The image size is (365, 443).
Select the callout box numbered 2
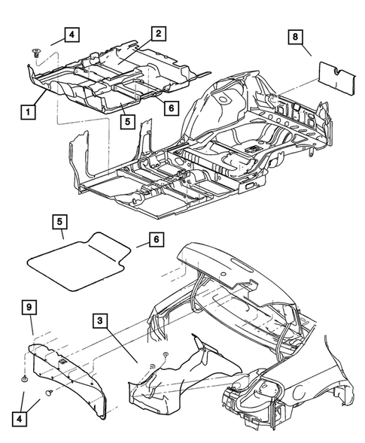click(x=158, y=33)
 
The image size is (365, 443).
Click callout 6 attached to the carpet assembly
click(x=171, y=108)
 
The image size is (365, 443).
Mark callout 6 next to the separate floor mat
click(x=156, y=239)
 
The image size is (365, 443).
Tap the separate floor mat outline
click(x=75, y=263)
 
